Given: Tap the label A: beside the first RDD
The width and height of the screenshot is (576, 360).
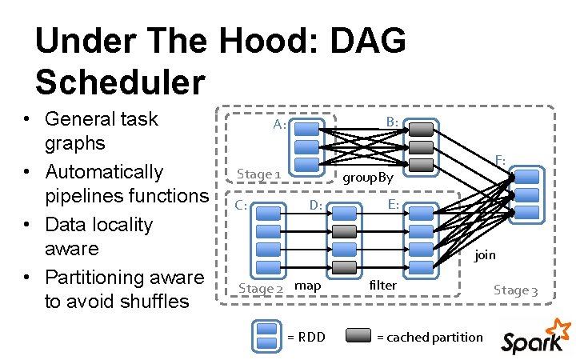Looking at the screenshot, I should point(279,124).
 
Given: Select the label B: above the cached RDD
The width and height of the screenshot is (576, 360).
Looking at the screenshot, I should point(392,122).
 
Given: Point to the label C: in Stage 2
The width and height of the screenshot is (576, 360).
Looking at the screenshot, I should point(240,205).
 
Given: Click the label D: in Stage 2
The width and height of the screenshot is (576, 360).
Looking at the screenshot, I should point(316,206).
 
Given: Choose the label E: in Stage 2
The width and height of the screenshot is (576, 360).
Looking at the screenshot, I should point(393,205).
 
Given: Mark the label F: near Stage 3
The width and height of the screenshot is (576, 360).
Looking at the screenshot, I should point(499,161).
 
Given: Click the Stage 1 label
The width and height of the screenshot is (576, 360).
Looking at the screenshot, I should point(258,174).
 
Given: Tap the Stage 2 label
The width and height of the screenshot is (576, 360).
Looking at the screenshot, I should point(261,288).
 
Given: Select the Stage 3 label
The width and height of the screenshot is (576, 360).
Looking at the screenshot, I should point(516,290).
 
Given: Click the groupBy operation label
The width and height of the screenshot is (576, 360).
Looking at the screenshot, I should point(368,178).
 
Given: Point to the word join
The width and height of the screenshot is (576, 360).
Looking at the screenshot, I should point(485,255).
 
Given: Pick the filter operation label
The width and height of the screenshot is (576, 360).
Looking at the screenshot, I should point(383,285).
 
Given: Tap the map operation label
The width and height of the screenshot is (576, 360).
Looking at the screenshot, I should point(308,286).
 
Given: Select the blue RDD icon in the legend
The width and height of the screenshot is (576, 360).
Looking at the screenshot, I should point(266,336).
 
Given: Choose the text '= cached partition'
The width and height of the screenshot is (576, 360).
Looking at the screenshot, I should point(430,337).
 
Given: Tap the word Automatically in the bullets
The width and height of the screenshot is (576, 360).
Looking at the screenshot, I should point(104,172).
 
